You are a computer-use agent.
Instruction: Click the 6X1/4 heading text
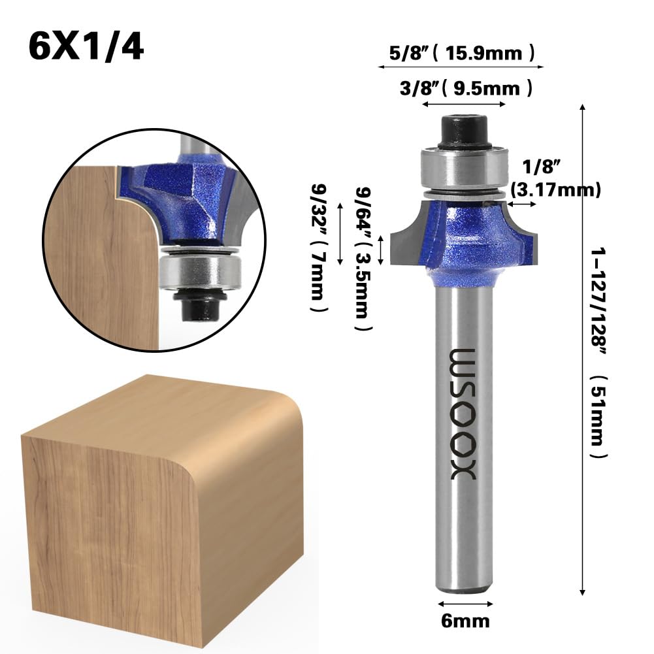86,48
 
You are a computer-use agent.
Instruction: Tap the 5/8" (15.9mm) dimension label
462,54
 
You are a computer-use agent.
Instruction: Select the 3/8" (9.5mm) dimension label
466,88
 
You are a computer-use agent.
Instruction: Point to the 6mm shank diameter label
465,621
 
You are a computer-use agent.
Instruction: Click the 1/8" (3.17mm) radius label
555,178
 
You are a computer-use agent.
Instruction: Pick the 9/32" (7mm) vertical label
319,248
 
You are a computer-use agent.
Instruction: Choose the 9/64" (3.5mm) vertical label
363,259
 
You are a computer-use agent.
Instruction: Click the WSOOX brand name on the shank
463,414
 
